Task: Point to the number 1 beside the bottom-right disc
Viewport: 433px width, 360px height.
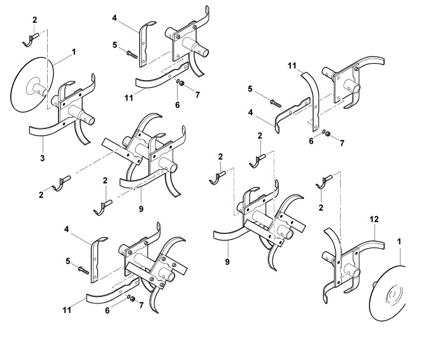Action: tap(399, 242)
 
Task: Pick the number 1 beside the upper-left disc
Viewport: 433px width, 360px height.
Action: tap(74, 51)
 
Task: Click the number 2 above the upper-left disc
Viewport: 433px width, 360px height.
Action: tap(35, 21)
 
